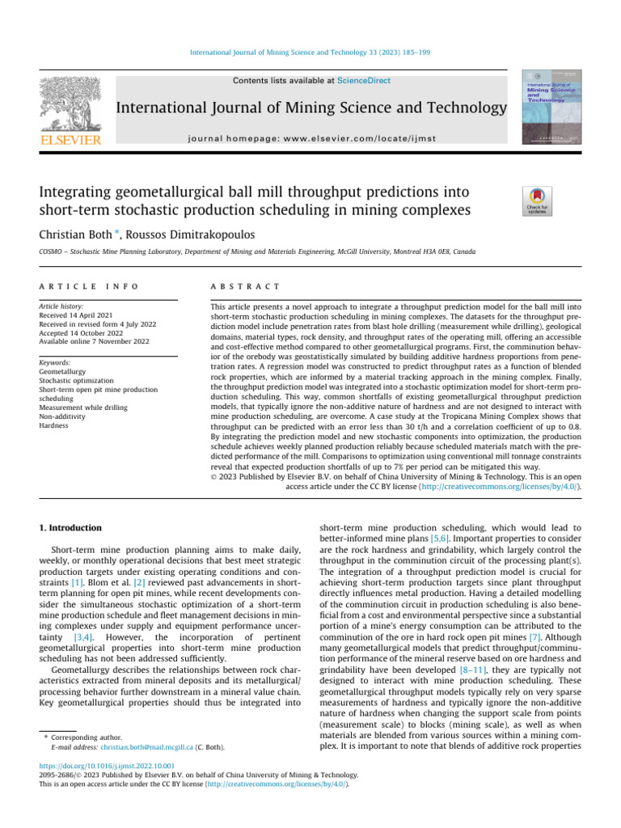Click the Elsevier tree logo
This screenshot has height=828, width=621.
[69, 105]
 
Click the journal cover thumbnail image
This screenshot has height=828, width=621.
[552, 107]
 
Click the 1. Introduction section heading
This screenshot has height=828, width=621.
[70, 528]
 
